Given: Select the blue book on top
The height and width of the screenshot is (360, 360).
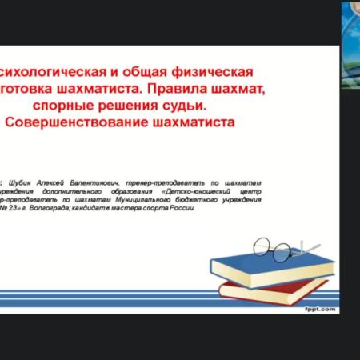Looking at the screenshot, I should pos(268,269).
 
